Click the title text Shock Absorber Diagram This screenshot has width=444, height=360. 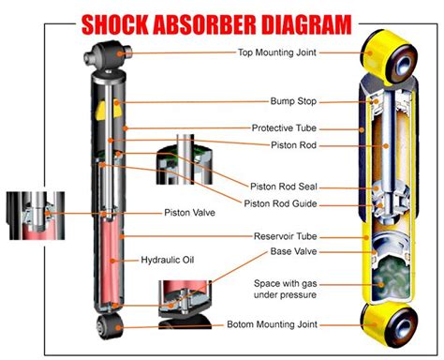tap(222, 20)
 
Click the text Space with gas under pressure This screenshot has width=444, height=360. tap(288, 289)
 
